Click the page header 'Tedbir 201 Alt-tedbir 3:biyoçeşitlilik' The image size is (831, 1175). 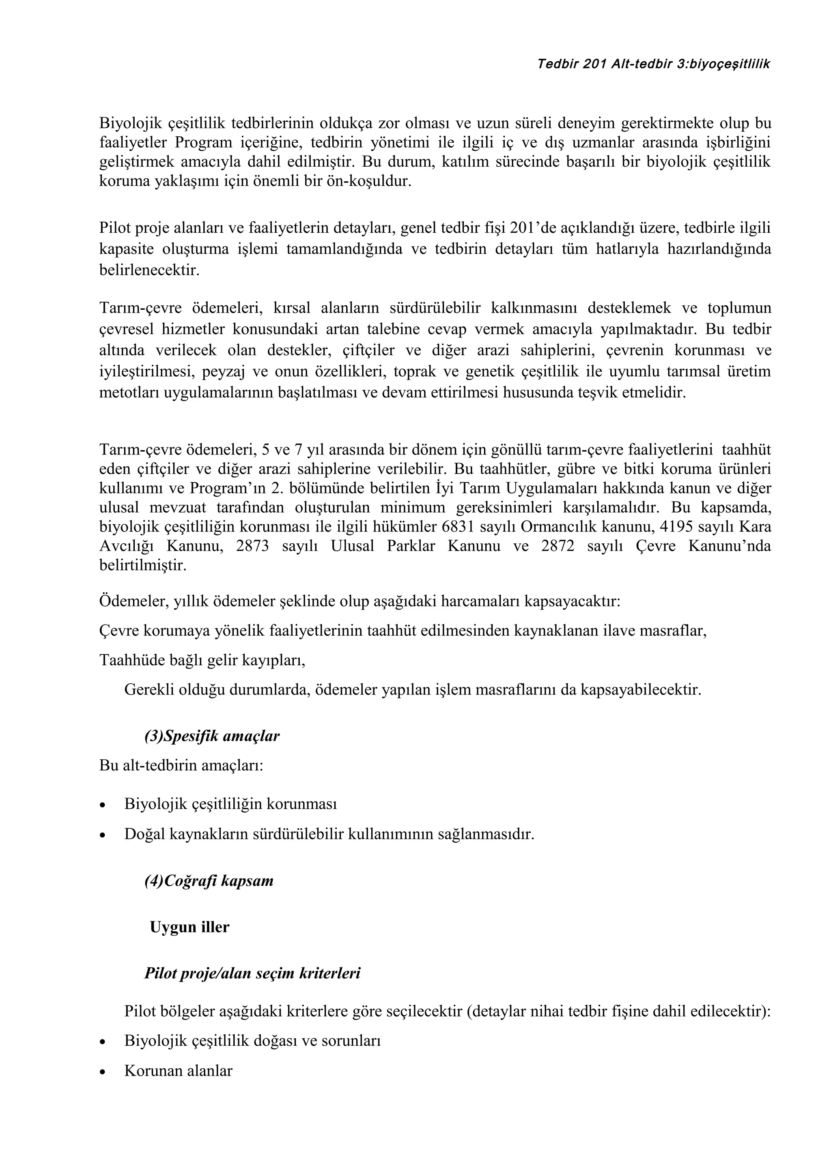(x=653, y=64)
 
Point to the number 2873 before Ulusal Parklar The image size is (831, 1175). (x=252, y=546)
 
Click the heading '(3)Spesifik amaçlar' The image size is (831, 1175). (x=212, y=736)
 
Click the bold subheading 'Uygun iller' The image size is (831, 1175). (x=189, y=927)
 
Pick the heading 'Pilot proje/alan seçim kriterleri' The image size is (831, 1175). (x=252, y=973)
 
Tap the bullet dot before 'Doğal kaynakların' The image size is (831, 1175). (x=103, y=835)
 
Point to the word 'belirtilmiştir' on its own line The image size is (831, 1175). (x=143, y=566)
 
